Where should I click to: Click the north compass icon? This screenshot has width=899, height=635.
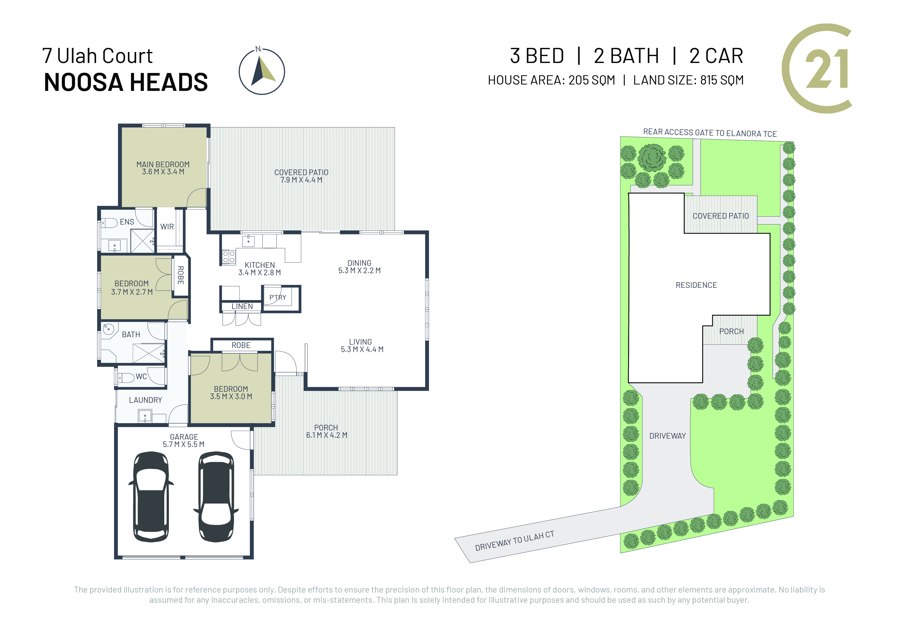coord(262,71)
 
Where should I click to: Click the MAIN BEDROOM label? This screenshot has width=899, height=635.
coord(163,164)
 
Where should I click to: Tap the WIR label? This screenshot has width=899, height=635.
coord(167,227)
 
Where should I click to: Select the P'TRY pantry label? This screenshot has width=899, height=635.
coord(278,297)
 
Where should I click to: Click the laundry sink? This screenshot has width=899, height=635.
coord(145,416)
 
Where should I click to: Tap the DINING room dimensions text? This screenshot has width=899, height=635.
coord(360,270)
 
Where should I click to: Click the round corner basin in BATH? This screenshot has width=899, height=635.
coord(108,329)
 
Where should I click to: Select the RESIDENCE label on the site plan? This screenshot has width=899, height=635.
coord(696,285)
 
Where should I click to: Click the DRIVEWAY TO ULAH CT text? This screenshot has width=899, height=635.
coord(515,541)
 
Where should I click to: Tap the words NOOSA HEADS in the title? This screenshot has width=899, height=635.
coord(126,82)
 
